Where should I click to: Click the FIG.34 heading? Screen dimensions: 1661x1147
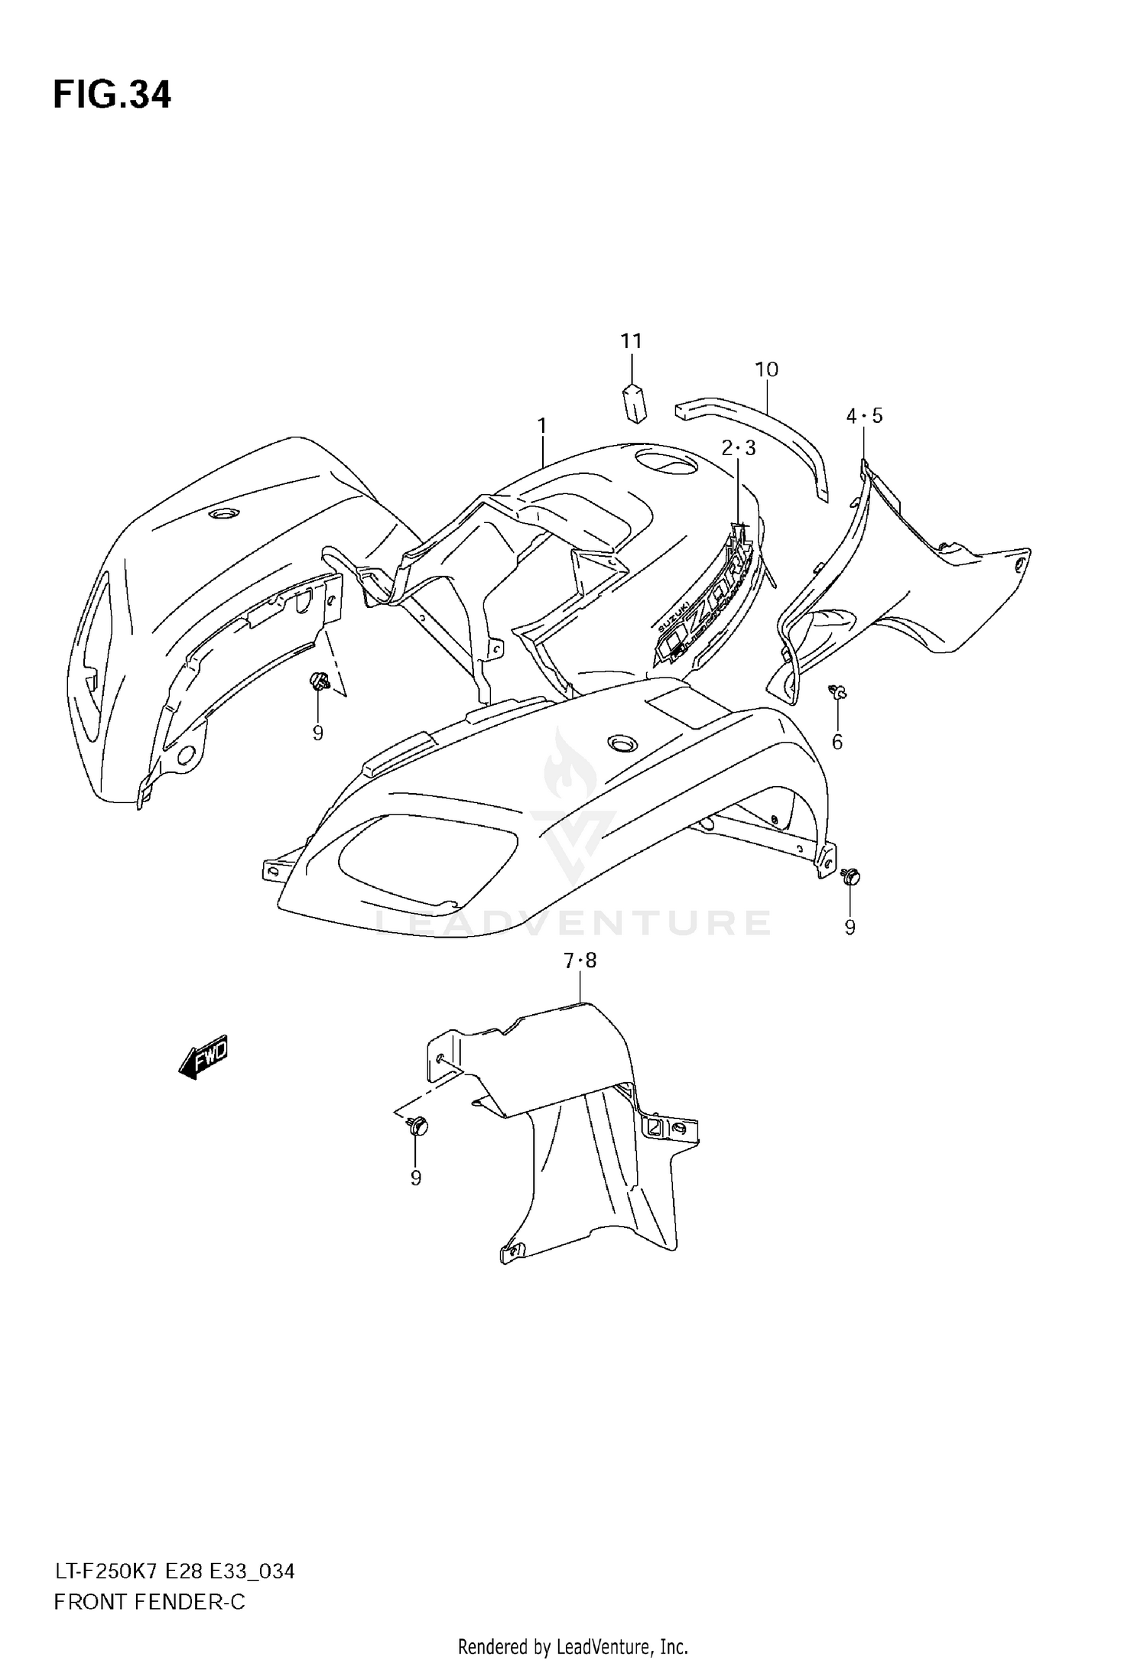tap(112, 95)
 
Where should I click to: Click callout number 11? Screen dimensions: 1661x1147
tap(632, 341)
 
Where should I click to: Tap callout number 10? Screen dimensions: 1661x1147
tap(766, 370)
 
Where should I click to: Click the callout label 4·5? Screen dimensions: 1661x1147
tap(864, 416)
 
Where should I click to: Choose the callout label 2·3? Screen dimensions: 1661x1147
tap(739, 448)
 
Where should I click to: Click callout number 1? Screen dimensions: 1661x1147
tap(542, 425)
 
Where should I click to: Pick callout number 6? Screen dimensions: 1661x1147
tap(837, 741)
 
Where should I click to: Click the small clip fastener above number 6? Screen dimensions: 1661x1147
tap(839, 693)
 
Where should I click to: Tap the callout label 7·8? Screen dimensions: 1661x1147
tap(580, 961)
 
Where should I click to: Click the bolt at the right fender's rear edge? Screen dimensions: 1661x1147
tap(850, 876)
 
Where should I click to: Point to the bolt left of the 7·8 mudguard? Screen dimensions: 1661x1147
tap(418, 1126)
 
